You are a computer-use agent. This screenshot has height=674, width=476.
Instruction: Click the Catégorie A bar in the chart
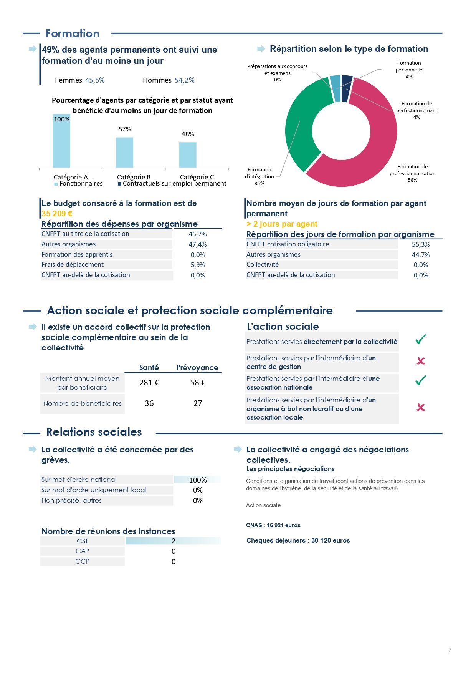pyautogui.click(x=61, y=141)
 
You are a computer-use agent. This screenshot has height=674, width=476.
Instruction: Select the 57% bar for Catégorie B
pyautogui.click(x=125, y=153)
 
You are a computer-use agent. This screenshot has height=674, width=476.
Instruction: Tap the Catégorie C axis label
pyautogui.click(x=197, y=177)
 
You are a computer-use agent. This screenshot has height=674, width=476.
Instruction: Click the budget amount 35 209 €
pyautogui.click(x=57, y=214)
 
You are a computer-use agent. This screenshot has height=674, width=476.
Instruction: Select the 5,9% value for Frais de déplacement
pyautogui.click(x=198, y=265)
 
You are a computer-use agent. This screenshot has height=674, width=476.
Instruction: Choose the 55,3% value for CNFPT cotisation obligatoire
pyautogui.click(x=421, y=244)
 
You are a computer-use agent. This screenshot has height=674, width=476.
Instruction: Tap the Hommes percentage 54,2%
pyautogui.click(x=185, y=80)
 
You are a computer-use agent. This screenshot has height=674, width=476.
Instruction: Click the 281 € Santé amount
pyautogui.click(x=149, y=383)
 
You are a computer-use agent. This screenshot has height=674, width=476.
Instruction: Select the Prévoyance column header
pyautogui.click(x=197, y=367)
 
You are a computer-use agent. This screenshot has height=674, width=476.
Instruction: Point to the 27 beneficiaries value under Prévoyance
pyautogui.click(x=198, y=403)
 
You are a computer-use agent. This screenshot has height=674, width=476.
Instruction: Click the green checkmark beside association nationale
pyautogui.click(x=421, y=380)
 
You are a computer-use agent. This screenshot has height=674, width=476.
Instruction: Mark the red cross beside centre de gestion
pyautogui.click(x=421, y=361)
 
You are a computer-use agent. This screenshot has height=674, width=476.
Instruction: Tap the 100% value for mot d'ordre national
pyautogui.click(x=198, y=480)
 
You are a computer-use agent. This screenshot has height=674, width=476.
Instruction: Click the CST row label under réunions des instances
pyautogui.click(x=83, y=541)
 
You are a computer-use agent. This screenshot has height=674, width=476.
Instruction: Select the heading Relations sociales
pyautogui.click(x=94, y=432)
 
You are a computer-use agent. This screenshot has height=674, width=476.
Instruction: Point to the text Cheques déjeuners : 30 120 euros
pyautogui.click(x=298, y=540)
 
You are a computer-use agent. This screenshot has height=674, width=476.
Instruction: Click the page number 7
pyautogui.click(x=450, y=650)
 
